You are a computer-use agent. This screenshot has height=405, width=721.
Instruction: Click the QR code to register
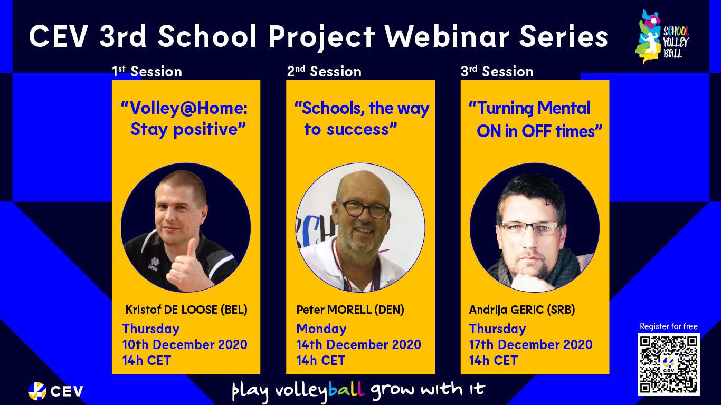pyautogui.click(x=669, y=364)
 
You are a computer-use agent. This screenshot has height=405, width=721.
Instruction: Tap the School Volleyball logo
pyautogui.click(x=662, y=36)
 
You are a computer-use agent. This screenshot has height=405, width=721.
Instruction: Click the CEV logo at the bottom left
pyautogui.click(x=55, y=391)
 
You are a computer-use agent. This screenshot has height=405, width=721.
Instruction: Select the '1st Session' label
pyautogui.click(x=147, y=71)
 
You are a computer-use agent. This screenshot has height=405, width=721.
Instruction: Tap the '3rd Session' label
pyautogui.click(x=497, y=71)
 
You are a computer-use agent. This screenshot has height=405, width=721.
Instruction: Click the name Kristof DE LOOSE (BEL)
pyautogui.click(x=186, y=310)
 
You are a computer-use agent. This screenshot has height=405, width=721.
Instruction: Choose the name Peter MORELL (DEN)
pyautogui.click(x=350, y=310)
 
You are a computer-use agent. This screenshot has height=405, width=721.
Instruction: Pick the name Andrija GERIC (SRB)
pyautogui.click(x=522, y=310)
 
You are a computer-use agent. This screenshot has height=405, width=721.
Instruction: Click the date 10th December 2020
pyautogui.click(x=185, y=344)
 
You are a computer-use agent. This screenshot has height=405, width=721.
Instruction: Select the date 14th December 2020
pyautogui.click(x=358, y=344)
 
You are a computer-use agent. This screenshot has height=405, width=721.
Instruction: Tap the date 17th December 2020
pyautogui.click(x=531, y=344)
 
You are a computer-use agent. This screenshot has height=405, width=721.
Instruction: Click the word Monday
pyautogui.click(x=321, y=329)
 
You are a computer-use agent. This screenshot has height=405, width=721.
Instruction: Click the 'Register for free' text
pyautogui.click(x=669, y=326)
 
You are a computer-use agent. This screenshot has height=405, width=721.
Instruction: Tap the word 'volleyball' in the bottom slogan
pyautogui.click(x=320, y=390)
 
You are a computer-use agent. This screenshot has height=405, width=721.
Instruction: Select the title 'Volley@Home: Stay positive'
pyautogui.click(x=184, y=119)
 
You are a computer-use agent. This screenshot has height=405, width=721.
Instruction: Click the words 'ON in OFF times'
pyautogui.click(x=539, y=131)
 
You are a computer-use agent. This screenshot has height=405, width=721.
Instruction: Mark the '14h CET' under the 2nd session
pyautogui.click(x=320, y=360)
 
